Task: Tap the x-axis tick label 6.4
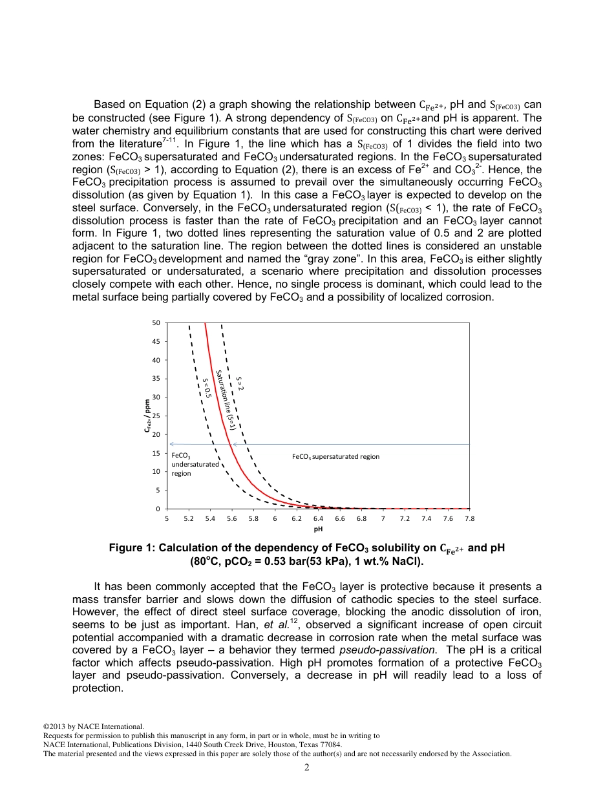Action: [x=318, y=518]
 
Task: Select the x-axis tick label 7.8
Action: [x=469, y=518]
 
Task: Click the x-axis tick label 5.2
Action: [x=188, y=518]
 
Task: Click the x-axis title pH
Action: [x=318, y=529]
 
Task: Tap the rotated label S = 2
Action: [x=238, y=383]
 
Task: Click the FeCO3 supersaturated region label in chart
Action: [x=335, y=456]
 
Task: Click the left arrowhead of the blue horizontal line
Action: [x=172, y=444]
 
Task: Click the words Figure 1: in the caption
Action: [x=132, y=548]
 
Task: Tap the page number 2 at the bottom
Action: [x=307, y=768]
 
